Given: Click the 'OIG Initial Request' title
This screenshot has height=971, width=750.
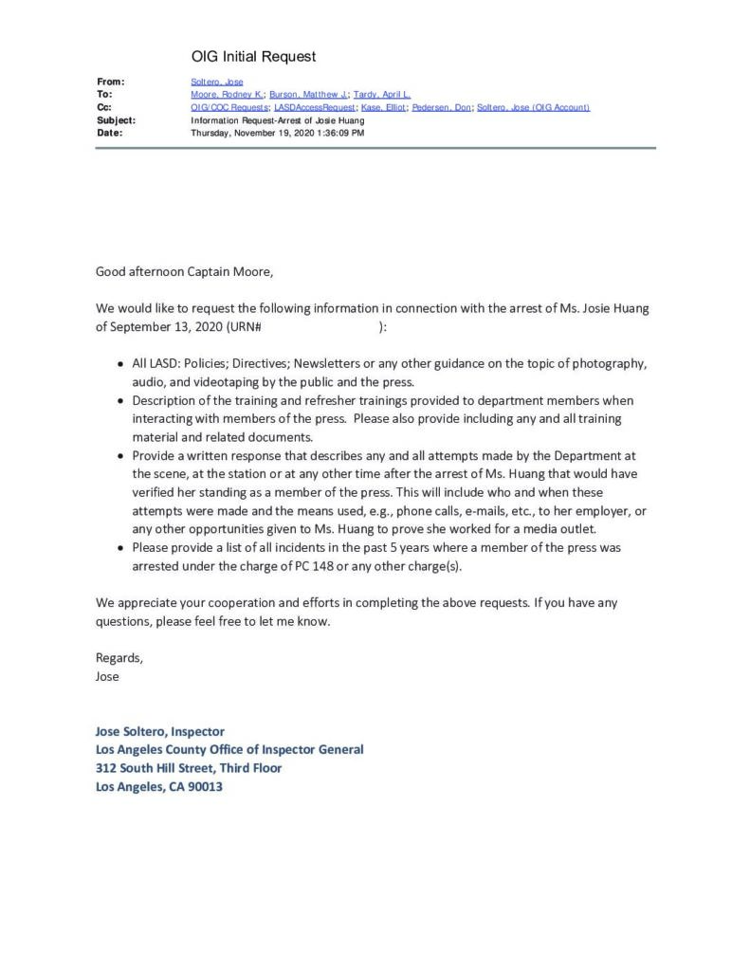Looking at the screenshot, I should pyautogui.click(x=253, y=57).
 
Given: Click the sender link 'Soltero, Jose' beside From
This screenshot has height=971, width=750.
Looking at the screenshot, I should pyautogui.click(x=217, y=82).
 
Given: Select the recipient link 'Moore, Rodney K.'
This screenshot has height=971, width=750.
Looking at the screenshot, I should pyautogui.click(x=228, y=95).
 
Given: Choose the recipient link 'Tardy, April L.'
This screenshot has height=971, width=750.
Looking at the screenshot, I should pyautogui.click(x=381, y=95).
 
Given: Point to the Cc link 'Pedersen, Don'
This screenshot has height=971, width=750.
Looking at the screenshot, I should pyautogui.click(x=441, y=107).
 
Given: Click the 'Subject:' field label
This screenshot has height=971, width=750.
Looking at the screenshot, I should pyautogui.click(x=116, y=120).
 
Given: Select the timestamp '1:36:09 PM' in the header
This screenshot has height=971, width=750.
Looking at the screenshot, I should pyautogui.click(x=338, y=133).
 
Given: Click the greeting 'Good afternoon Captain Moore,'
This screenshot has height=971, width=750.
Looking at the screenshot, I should pyautogui.click(x=184, y=272).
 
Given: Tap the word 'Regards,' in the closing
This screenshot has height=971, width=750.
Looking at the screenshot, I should pyautogui.click(x=119, y=657).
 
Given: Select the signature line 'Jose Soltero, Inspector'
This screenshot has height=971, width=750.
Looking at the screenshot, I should pyautogui.click(x=160, y=731).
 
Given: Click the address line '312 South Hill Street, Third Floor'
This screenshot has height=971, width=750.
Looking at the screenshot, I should pyautogui.click(x=189, y=768).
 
